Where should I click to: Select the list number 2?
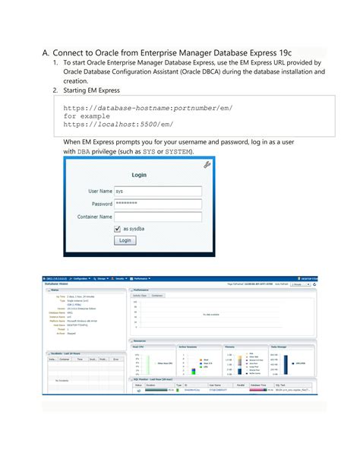coord(55,90)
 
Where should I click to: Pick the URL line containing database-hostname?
coord(147,109)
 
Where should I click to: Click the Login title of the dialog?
coord(140,175)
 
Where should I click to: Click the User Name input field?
coord(157,192)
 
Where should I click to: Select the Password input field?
coord(157,204)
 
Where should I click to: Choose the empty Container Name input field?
coord(157,217)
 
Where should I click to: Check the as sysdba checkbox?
coord(116,228)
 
